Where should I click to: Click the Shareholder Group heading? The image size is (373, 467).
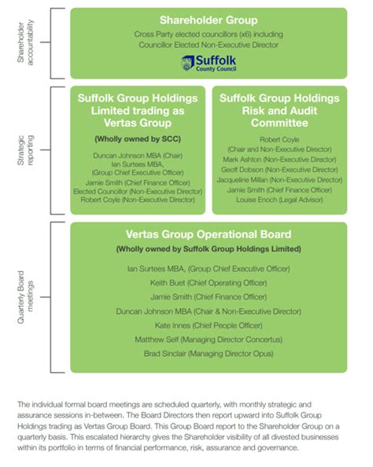(x=208, y=20)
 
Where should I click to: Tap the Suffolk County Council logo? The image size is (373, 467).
(x=208, y=61)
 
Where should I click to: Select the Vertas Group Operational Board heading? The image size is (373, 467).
(x=208, y=235)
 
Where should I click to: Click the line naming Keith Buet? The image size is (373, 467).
(x=208, y=282)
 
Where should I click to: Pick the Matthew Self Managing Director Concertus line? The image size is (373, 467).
(x=208, y=340)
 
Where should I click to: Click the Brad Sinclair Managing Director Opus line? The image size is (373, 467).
(x=208, y=355)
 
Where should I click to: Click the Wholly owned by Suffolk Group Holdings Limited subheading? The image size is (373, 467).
(x=208, y=249)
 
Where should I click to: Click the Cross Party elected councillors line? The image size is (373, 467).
(x=208, y=35)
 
